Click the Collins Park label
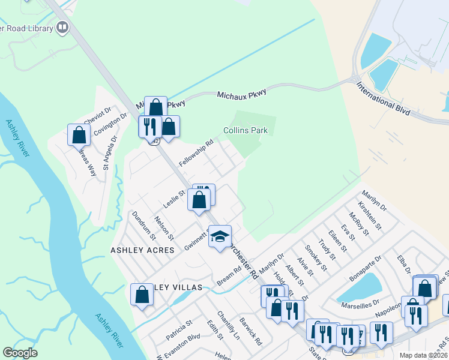pos(245,130)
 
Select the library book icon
pos(62,27)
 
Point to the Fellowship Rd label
pos(196,154)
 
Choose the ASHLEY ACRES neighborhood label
pos(142,250)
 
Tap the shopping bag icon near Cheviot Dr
pos(79,135)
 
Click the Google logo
pos(20,352)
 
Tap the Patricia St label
pos(179,330)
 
